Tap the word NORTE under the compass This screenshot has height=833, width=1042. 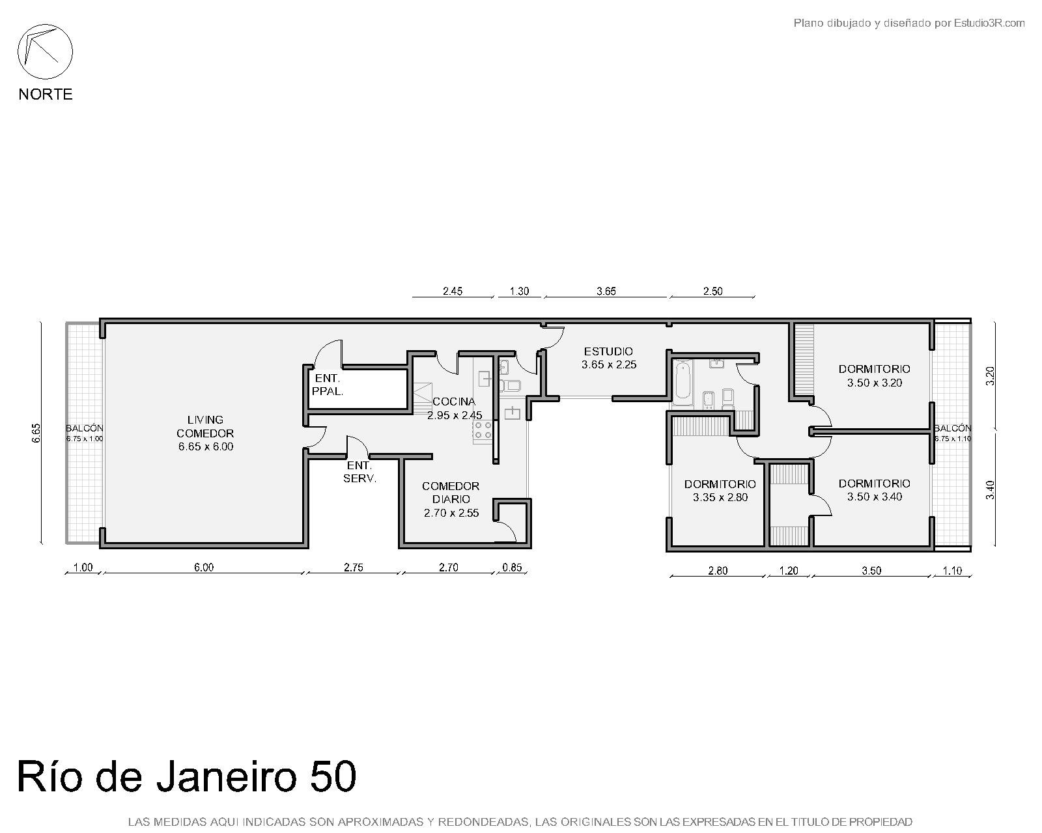point(46,94)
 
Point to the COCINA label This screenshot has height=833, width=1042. point(454,402)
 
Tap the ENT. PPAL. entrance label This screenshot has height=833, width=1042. point(328,385)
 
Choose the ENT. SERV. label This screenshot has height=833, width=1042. point(359,472)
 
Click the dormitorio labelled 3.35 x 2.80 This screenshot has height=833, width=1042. point(720,491)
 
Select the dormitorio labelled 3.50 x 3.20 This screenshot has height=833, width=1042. point(875,376)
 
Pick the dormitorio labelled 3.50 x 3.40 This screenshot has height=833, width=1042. point(875,490)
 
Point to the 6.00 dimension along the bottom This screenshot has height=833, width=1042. point(204,567)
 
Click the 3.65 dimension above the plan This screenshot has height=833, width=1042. point(606,291)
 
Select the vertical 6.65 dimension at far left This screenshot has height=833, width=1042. point(36,433)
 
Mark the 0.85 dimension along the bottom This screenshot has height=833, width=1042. point(513,567)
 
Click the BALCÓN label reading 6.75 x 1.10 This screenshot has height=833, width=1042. point(952,433)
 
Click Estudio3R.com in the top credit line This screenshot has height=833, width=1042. point(989,23)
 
